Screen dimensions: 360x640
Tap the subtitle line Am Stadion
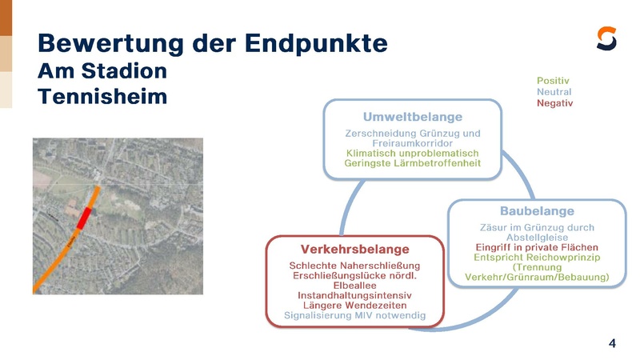pos(102,70)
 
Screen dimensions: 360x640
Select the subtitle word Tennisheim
pos(102,97)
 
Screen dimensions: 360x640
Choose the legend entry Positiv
pos(553,81)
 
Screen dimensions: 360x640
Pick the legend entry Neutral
pos(554,92)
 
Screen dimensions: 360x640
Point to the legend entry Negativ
pos(555,103)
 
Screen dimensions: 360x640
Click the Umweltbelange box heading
pos(412,117)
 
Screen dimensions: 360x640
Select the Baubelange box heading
pos(537,211)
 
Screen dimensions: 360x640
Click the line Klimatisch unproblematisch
pos(412,153)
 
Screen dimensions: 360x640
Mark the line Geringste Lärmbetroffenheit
pos(412,163)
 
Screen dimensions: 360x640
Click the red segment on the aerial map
pos(86,216)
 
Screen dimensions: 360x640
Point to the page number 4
pos(612,344)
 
